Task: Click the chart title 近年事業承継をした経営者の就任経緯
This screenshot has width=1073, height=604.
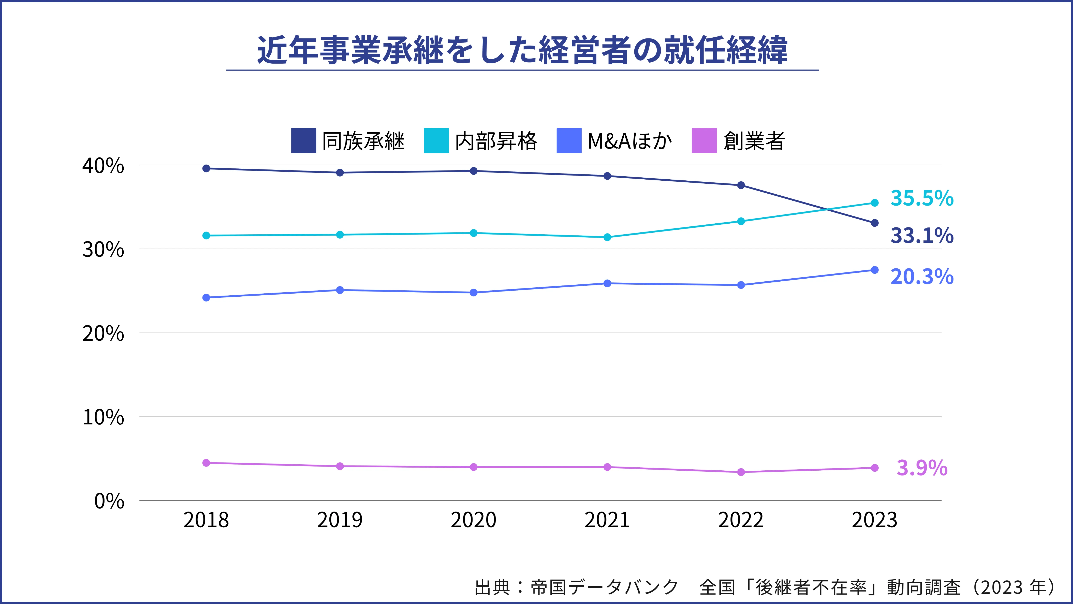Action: [522, 50]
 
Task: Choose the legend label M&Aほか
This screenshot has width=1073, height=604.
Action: [629, 141]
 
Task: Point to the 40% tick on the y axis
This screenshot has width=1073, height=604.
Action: [103, 166]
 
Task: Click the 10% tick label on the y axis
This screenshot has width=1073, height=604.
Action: [103, 417]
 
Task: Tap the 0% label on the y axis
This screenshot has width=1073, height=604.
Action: [109, 501]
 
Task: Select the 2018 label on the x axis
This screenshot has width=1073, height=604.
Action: [206, 520]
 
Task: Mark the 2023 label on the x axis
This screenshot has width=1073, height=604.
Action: [874, 520]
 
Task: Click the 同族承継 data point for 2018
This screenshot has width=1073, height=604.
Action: [206, 168]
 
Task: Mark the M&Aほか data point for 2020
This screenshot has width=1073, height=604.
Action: [474, 293]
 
